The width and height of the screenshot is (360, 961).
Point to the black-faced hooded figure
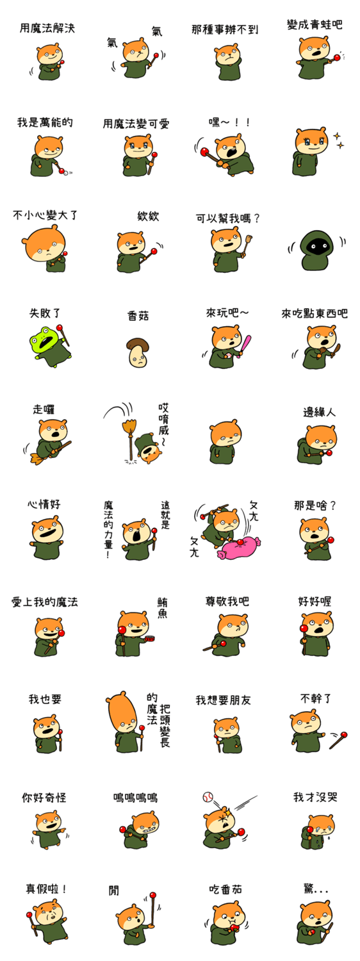(316, 250)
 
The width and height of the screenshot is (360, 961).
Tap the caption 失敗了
(45, 313)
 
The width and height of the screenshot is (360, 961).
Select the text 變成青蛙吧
(315, 25)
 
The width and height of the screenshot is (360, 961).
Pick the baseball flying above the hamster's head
(208, 797)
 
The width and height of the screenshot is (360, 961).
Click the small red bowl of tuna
(150, 638)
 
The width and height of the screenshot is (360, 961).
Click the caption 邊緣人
(319, 413)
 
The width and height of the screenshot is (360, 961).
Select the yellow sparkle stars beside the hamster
(339, 140)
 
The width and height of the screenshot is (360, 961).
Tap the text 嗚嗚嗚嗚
(135, 797)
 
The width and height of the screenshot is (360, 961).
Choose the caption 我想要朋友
(223, 700)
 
